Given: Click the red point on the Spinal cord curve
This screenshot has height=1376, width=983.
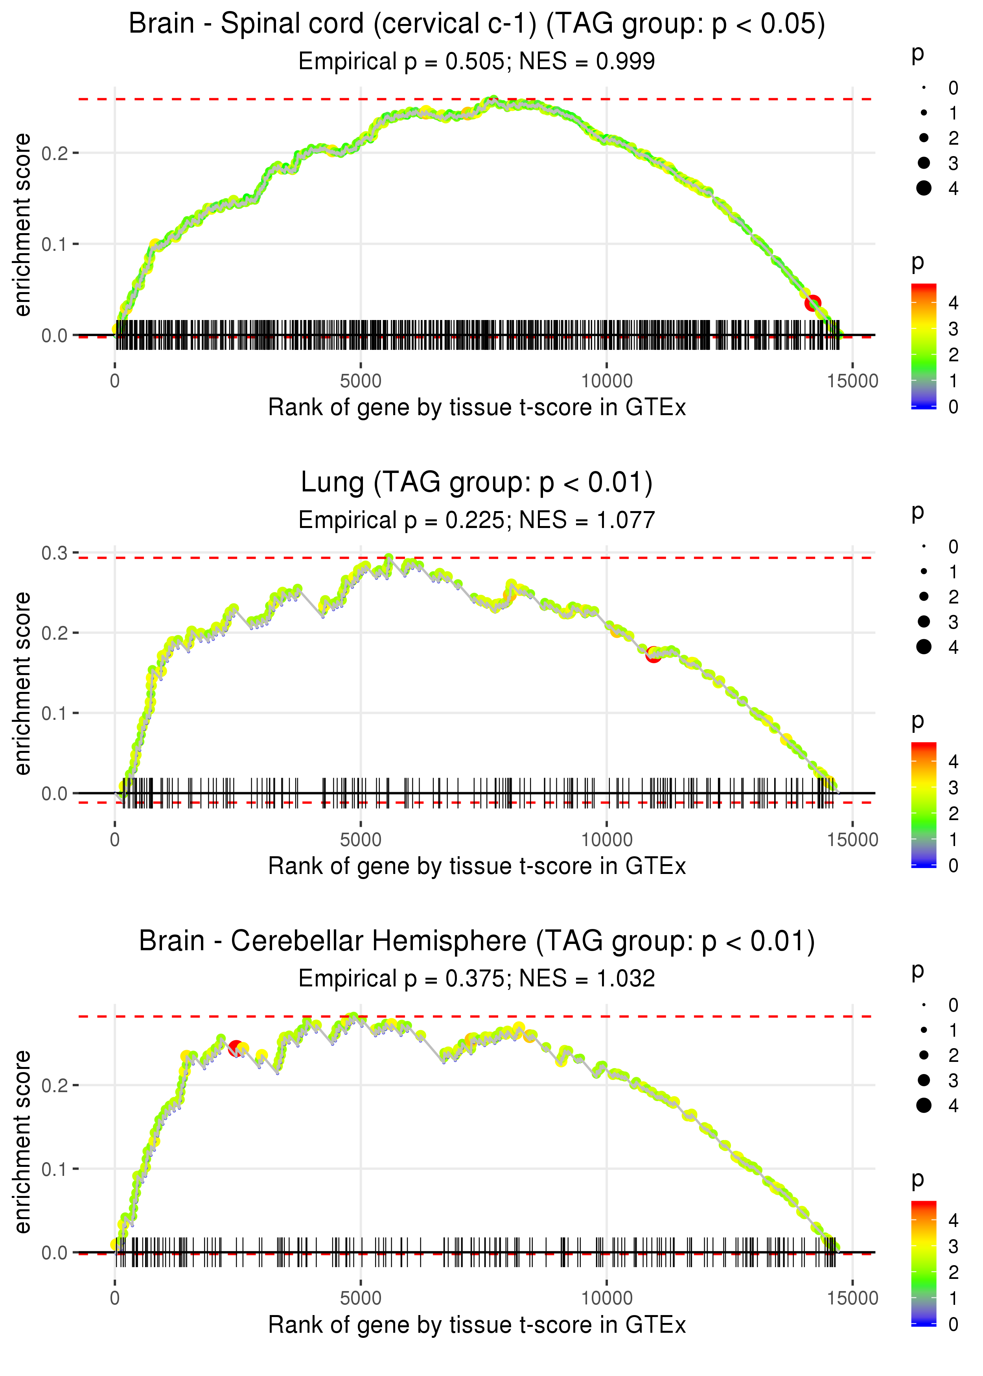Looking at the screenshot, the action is pos(812,303).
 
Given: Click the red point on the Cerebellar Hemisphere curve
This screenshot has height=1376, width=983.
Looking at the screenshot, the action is pos(236,1047).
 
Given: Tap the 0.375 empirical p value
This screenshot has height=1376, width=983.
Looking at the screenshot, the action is pos(475,979).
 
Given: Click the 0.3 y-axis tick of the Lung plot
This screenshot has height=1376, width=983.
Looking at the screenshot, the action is pos(55,553).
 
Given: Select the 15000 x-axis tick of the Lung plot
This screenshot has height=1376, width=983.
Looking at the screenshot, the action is pos(852,839).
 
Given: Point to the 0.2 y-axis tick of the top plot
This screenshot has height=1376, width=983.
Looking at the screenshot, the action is pos(55,153).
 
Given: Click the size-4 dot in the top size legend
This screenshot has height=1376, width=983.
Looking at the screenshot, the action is pos(924,188).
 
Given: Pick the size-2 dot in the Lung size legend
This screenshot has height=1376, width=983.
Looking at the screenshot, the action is pos(924,597).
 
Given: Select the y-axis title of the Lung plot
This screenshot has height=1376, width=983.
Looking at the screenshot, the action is pos(22,683).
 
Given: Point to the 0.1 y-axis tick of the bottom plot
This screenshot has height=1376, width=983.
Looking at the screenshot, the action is pos(55,1169).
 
